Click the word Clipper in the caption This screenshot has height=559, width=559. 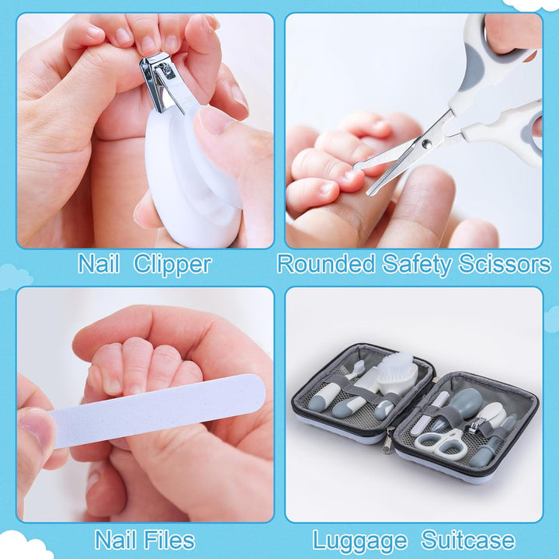coord(172,265)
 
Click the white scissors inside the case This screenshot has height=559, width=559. coord(438,443)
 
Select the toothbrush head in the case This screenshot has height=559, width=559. coord(355,369)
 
